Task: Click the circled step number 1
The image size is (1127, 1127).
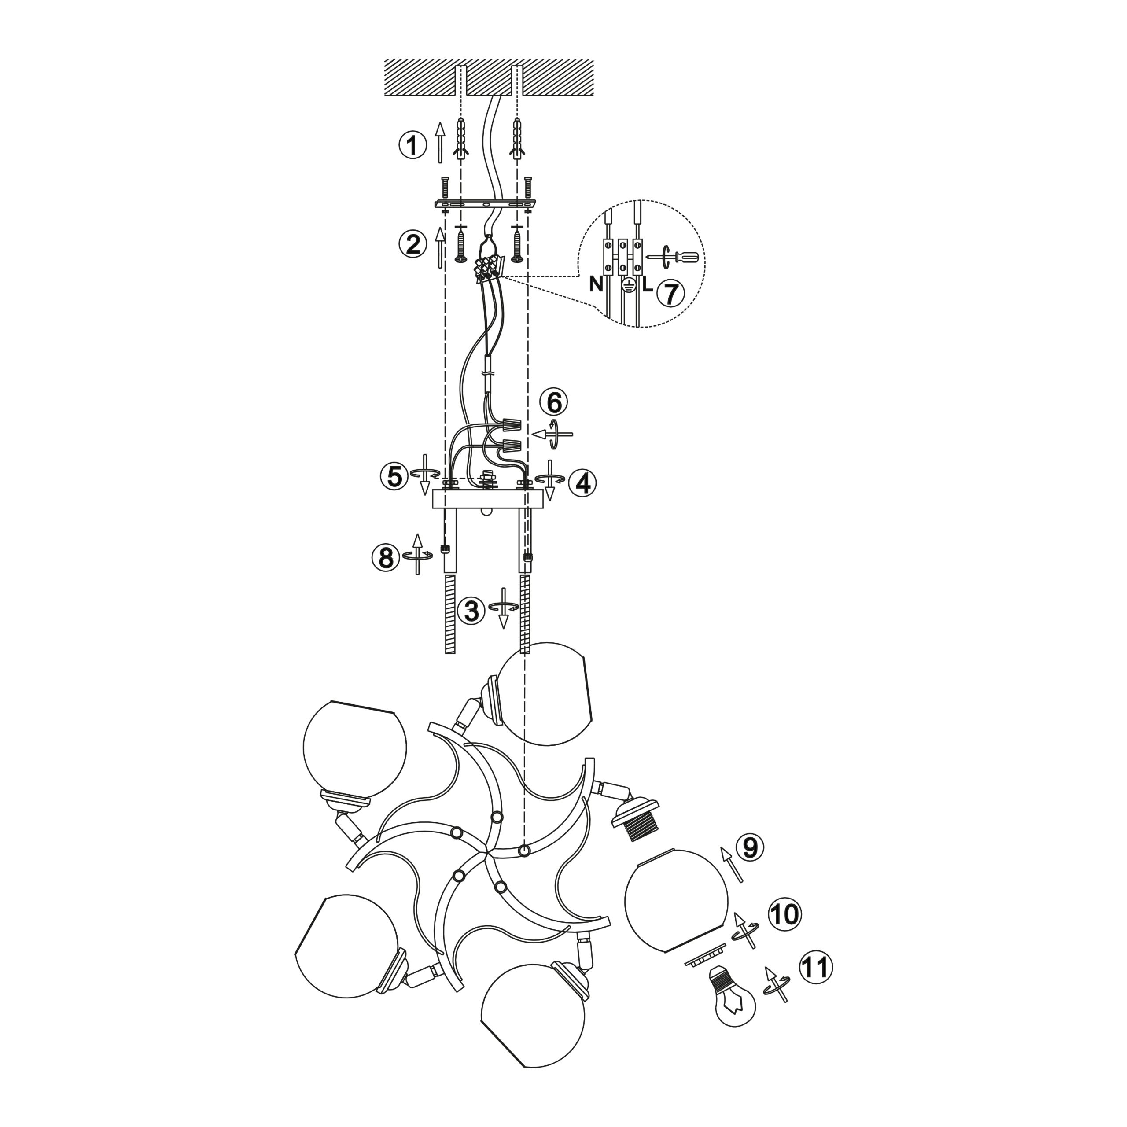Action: (413, 145)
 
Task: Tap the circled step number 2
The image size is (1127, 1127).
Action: (413, 244)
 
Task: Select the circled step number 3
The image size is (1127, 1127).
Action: (471, 611)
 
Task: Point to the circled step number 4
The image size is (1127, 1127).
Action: (582, 483)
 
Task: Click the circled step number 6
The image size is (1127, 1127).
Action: (553, 402)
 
